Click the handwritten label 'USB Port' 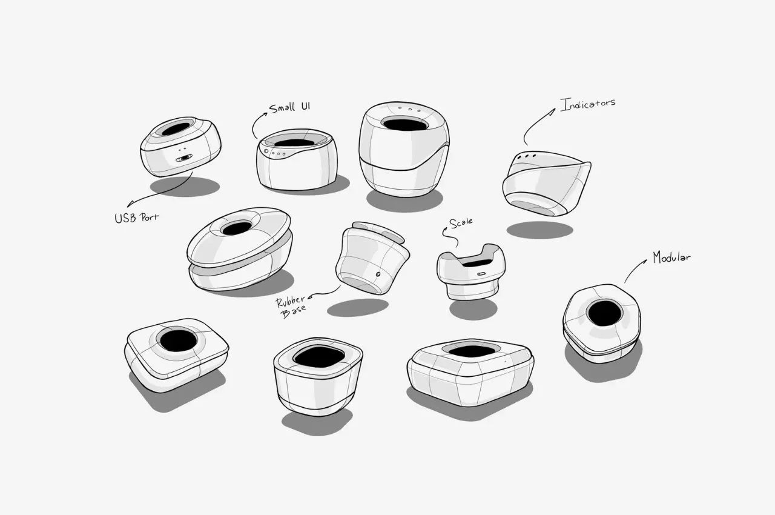tap(137, 218)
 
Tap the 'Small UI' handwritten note tap(290, 107)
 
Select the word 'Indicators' tap(588, 104)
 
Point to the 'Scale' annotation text tap(461, 223)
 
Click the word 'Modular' tap(671, 257)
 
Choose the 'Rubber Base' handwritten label tap(291, 307)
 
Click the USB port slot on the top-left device tap(183, 158)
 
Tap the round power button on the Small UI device tap(266, 151)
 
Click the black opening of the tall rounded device tap(405, 124)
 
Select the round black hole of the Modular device tap(604, 313)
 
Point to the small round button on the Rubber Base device tap(378, 274)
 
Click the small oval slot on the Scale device tap(481, 273)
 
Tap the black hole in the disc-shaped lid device tap(237, 228)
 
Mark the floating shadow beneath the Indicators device tap(539, 230)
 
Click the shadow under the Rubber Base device tap(358, 308)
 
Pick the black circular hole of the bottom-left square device tap(179, 341)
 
